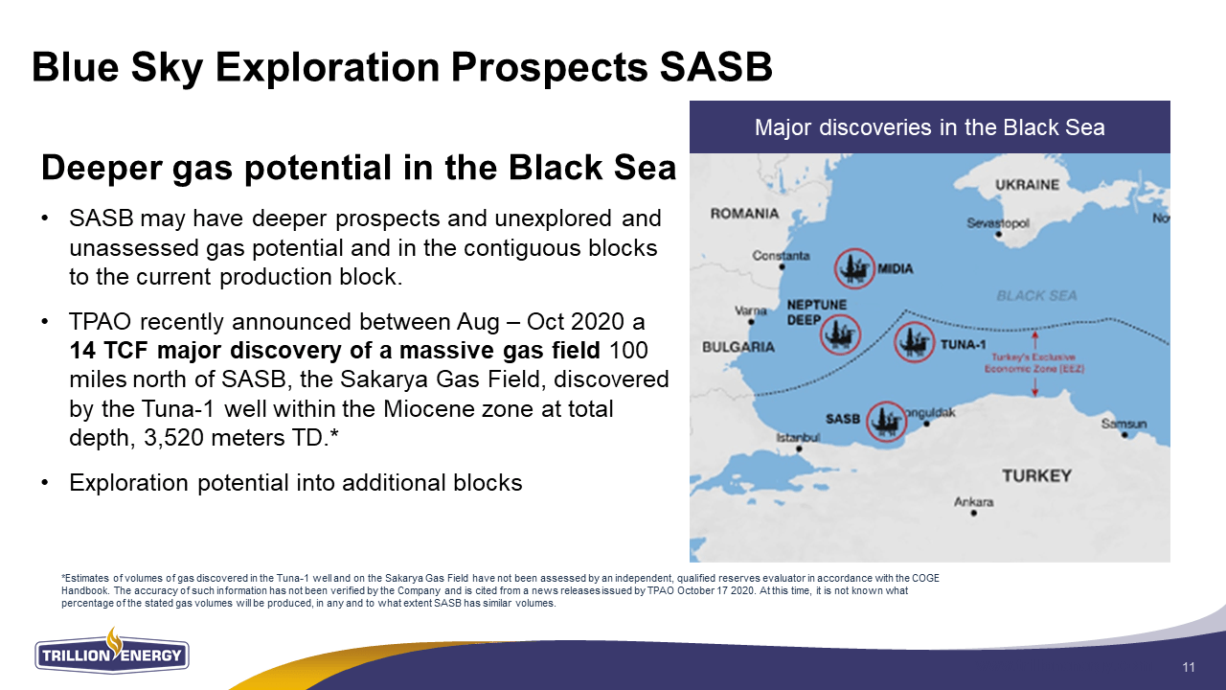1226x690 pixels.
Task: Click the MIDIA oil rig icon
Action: pyautogui.click(x=854, y=268)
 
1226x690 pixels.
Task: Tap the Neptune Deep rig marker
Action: pyautogui.click(x=840, y=334)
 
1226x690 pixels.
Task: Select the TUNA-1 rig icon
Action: pyautogui.click(x=914, y=342)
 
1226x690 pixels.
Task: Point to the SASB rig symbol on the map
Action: pyautogui.click(x=887, y=421)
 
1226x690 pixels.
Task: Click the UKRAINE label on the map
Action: pyautogui.click(x=1027, y=185)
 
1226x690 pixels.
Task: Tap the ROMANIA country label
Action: pyautogui.click(x=744, y=214)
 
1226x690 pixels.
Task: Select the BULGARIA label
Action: pyautogui.click(x=738, y=347)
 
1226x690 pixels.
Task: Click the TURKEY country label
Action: pyautogui.click(x=1036, y=475)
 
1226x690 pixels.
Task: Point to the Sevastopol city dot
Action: pyautogui.click(x=999, y=235)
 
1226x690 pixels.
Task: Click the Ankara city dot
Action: pyautogui.click(x=974, y=513)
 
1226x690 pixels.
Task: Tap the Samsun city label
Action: pyautogui.click(x=1124, y=424)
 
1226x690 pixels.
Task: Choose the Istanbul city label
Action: pyautogui.click(x=798, y=438)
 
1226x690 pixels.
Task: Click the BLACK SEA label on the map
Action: pyautogui.click(x=1036, y=296)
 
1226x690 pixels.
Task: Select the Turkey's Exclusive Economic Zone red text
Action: pyautogui.click(x=1034, y=363)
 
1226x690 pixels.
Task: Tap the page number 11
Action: pyautogui.click(x=1189, y=667)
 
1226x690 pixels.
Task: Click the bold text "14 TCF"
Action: pyautogui.click(x=109, y=351)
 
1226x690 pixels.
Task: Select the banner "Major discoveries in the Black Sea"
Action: pyautogui.click(x=929, y=127)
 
